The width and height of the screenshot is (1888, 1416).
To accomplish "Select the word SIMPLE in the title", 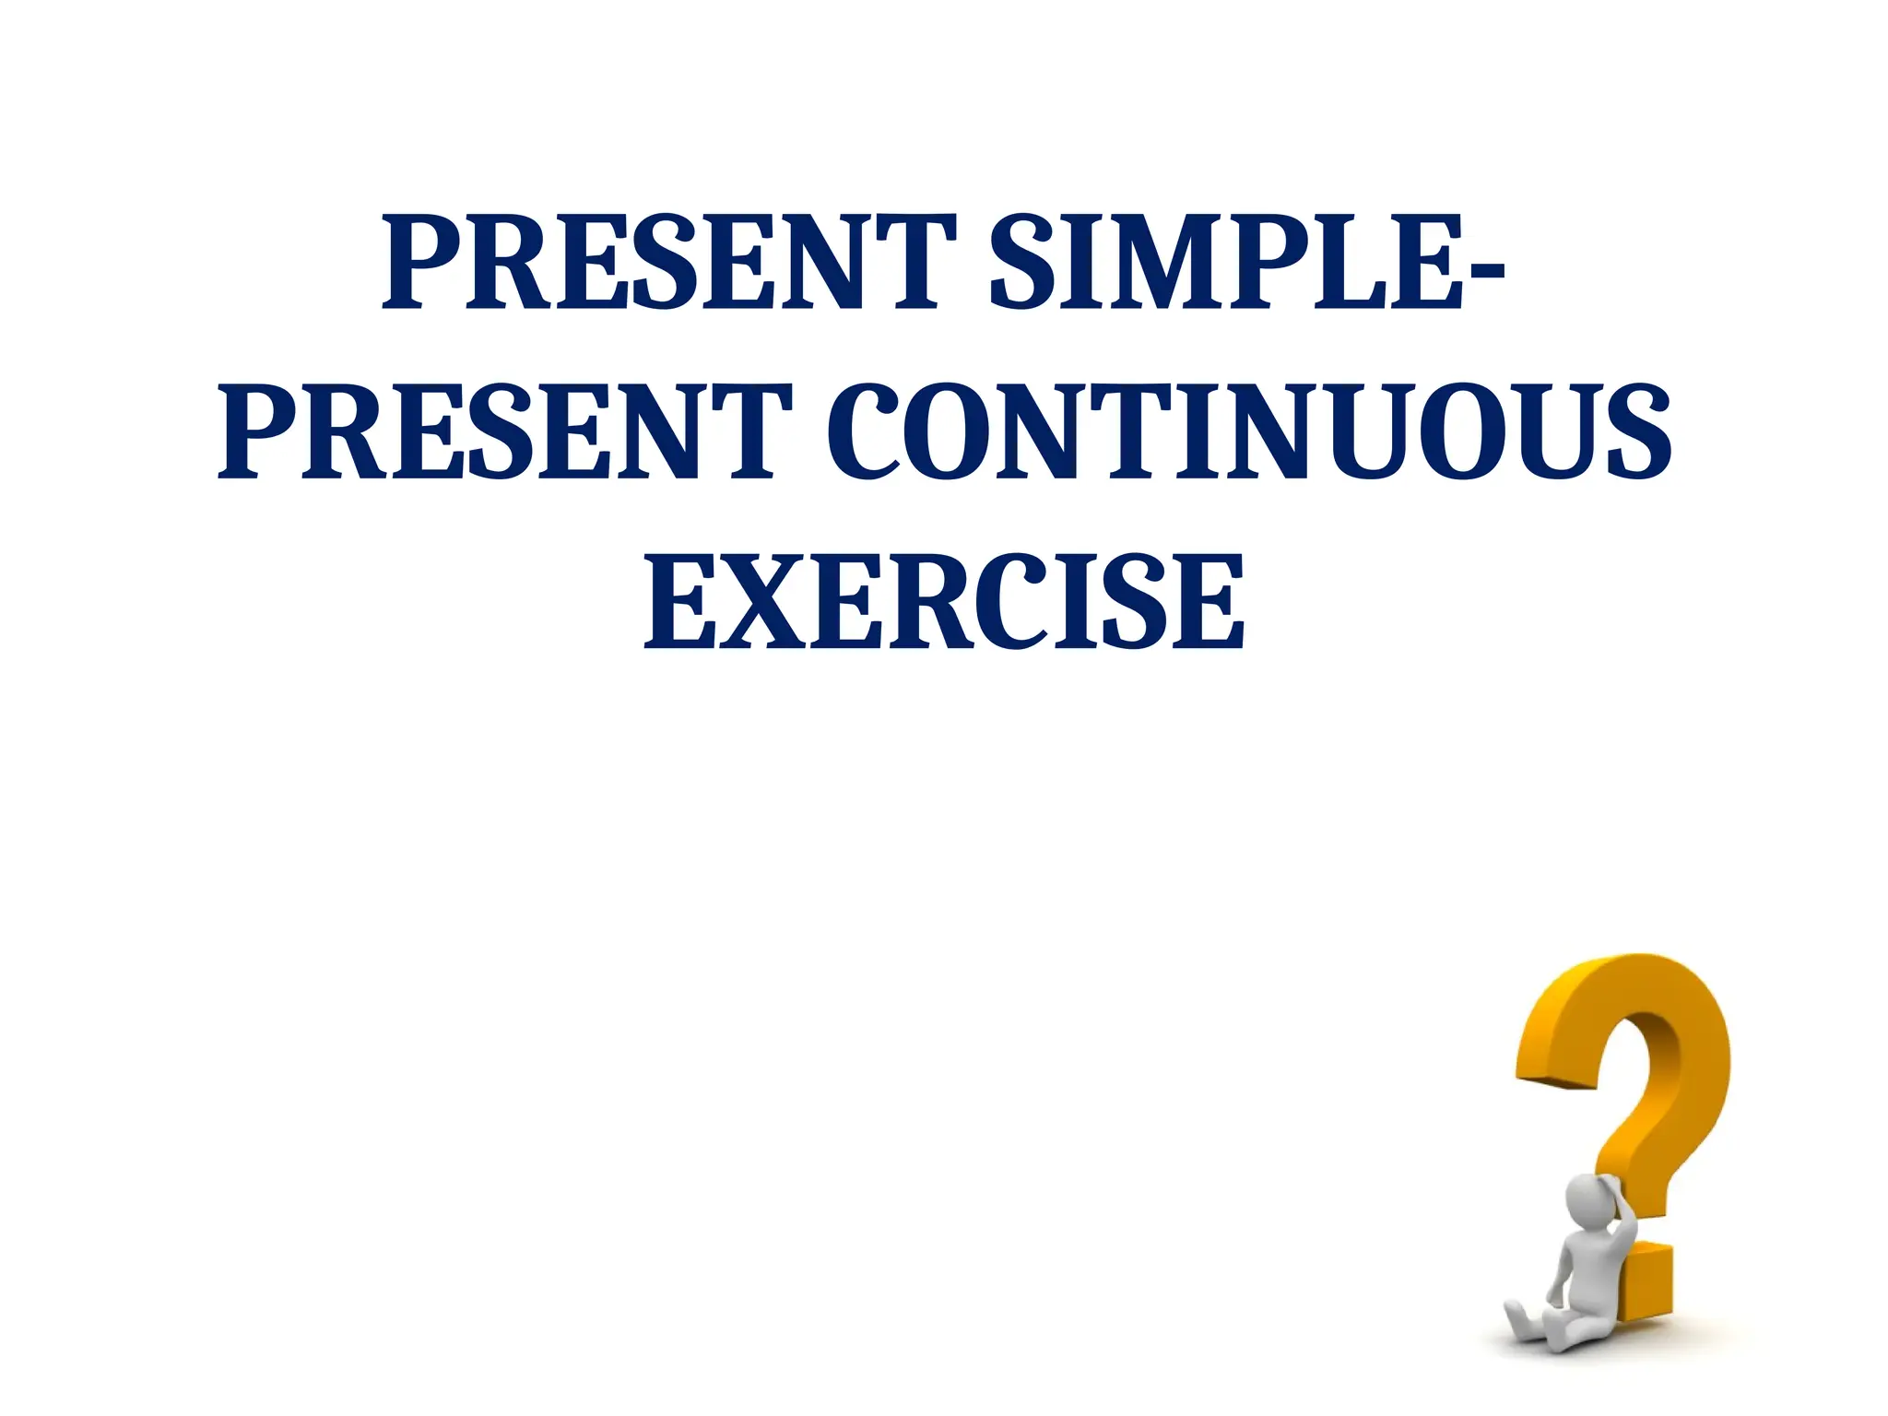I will coord(1226,263).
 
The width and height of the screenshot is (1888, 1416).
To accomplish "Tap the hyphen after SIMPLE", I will coord(1484,270).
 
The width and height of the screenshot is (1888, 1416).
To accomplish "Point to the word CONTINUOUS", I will coord(1249,433).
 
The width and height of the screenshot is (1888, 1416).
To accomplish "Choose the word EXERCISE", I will coord(944,604).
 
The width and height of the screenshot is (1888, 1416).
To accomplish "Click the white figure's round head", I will coord(1587,1200).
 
